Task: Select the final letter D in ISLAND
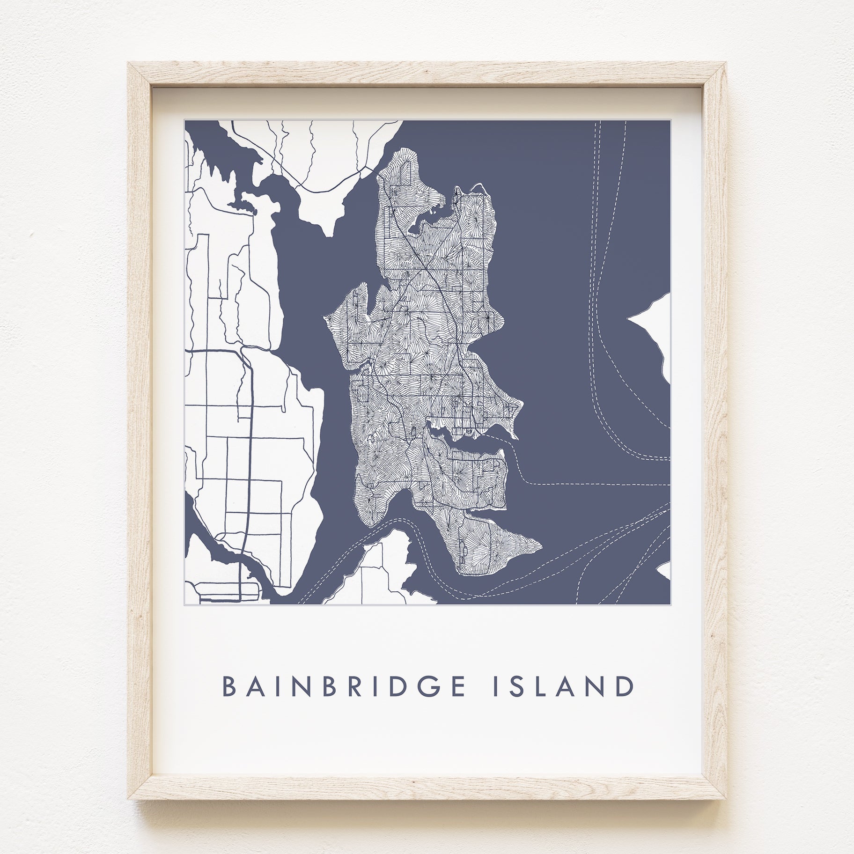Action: [x=626, y=686]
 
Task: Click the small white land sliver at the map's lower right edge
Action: [x=665, y=570]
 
